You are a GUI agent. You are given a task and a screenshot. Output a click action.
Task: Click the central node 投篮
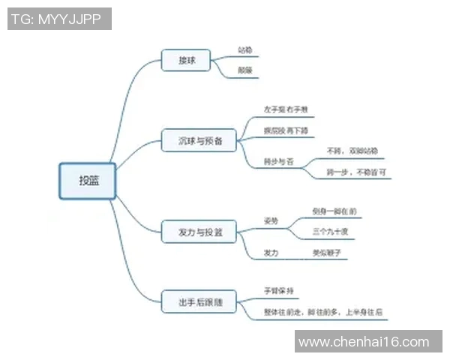[x=88, y=181]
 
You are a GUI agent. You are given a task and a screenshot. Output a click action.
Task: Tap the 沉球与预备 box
[x=199, y=140]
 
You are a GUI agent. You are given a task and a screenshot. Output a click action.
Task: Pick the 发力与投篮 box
[x=199, y=232]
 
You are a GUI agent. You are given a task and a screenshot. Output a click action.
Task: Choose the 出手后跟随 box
[x=199, y=302]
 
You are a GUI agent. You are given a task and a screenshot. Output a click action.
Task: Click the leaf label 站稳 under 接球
[x=244, y=51]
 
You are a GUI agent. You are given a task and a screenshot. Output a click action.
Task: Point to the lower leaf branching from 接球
[x=244, y=70]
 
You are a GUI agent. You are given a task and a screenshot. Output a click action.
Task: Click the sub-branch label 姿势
[x=270, y=221]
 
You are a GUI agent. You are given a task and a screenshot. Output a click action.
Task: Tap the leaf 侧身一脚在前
[x=333, y=211]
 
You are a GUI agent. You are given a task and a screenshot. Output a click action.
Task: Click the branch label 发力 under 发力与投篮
[x=270, y=253]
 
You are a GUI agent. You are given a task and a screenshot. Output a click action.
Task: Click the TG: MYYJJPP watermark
[x=60, y=19]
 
